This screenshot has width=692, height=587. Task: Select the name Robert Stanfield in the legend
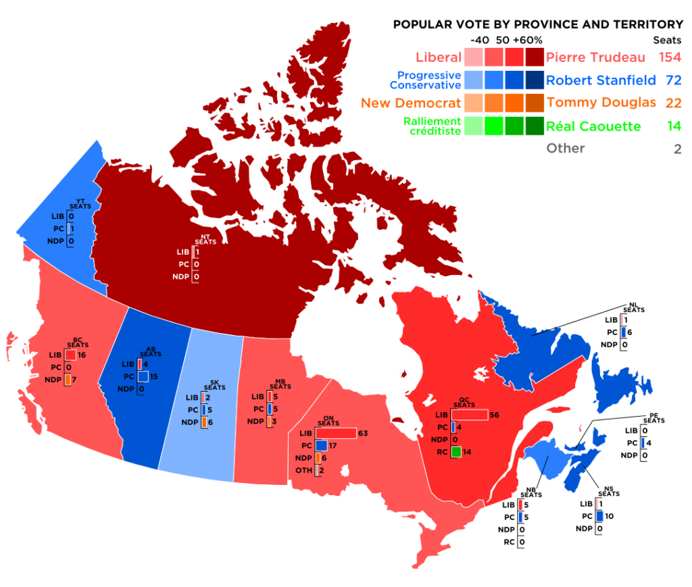click(x=601, y=80)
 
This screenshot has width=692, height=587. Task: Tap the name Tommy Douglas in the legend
click(x=601, y=103)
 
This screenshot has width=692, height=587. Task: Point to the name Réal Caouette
click(x=593, y=126)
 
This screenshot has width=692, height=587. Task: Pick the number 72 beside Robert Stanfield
click(x=672, y=80)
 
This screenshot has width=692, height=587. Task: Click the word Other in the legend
click(x=565, y=149)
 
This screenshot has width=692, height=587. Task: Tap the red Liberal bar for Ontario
click(x=335, y=433)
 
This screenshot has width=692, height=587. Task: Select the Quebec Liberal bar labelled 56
click(x=469, y=415)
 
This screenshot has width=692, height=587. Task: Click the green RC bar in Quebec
click(x=456, y=452)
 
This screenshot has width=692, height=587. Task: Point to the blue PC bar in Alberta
click(x=142, y=376)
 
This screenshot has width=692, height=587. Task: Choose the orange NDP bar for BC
click(x=68, y=380)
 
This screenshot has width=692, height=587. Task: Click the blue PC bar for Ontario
click(x=321, y=446)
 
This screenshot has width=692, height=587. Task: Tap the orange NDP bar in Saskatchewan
click(x=203, y=422)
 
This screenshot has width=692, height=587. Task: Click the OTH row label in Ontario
click(x=304, y=471)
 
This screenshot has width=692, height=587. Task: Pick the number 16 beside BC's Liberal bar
click(x=82, y=355)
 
